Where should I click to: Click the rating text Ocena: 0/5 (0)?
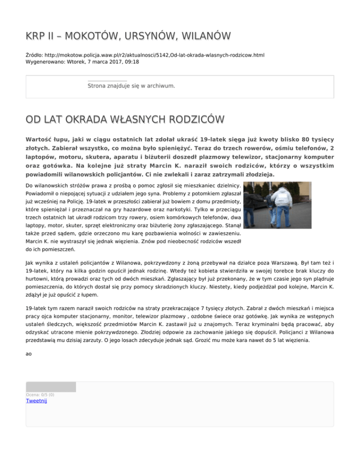click(x=40, y=394)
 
